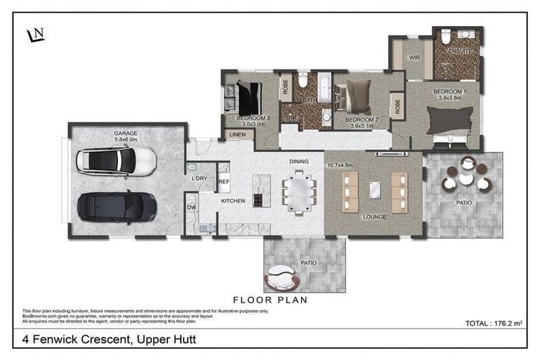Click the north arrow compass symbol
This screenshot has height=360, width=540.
click(35, 34)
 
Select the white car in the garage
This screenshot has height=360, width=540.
click(117, 160)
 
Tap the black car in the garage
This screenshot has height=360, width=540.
click(117, 206)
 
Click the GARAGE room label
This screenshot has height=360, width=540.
click(126, 133)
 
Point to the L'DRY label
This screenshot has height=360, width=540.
click(199, 178)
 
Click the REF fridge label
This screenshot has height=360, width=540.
click(224, 181)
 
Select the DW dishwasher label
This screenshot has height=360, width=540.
click(191, 207)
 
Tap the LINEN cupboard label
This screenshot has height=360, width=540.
click(236, 134)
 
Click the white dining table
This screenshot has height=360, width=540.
click(299, 192)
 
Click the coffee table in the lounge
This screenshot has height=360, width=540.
click(374, 189)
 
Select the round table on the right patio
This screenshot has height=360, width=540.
click(465, 179)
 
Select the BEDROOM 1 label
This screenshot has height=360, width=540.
click(449, 92)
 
